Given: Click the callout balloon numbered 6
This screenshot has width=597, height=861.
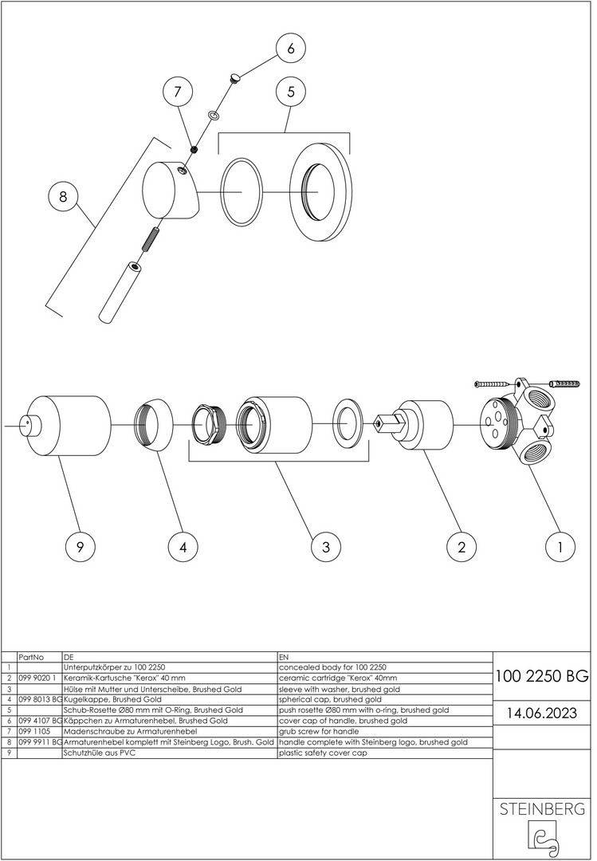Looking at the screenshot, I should [291, 48].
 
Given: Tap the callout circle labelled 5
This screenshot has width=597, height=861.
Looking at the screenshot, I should [291, 92].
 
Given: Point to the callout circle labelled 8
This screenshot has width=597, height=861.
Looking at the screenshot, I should [63, 197].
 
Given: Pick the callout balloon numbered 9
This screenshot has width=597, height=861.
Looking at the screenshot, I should [80, 547].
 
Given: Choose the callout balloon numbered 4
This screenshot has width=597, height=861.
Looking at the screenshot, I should [183, 547].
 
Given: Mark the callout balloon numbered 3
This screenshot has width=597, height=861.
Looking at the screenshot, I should [325, 547].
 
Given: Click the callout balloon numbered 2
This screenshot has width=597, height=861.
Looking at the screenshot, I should [461, 547].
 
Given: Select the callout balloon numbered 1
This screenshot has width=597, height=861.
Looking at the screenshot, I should [560, 547].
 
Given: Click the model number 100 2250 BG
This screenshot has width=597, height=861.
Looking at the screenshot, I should [542, 677].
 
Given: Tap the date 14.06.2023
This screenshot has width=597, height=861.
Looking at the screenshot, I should [542, 712].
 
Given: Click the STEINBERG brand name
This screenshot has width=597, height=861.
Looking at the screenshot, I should [542, 809].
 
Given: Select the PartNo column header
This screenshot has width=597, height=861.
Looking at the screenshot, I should [29, 659].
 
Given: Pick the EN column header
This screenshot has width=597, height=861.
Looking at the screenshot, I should [285, 659].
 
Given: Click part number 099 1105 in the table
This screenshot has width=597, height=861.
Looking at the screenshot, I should [33, 731].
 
